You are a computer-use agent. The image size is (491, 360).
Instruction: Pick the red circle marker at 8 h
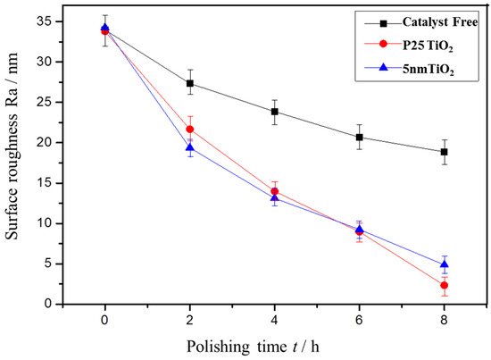coord(444,285)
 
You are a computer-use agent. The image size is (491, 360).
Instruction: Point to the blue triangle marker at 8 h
coord(444,264)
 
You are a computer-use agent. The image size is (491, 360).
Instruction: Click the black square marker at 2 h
coord(190,83)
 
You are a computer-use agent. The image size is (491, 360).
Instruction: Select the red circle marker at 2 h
coord(190,130)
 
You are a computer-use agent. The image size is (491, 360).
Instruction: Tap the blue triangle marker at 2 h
coord(190,147)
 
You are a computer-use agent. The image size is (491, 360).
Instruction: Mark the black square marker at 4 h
coord(275,112)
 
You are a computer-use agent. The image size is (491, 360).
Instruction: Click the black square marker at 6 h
coord(360,137)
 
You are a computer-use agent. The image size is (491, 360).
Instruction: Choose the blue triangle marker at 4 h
coord(275,197)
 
